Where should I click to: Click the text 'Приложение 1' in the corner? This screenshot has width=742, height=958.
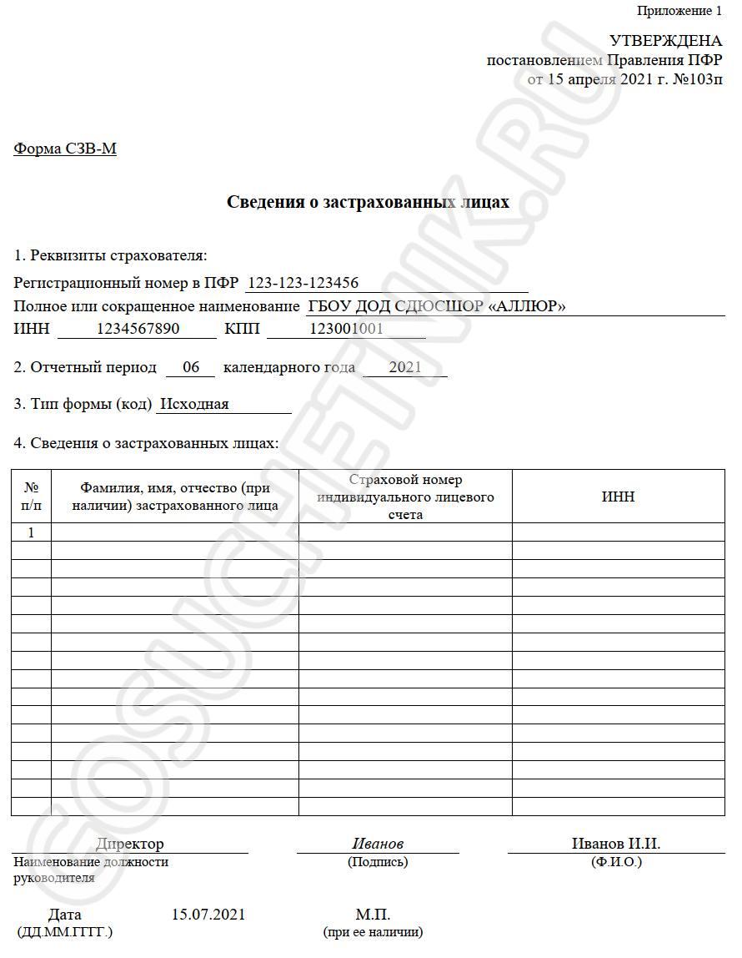click(679, 11)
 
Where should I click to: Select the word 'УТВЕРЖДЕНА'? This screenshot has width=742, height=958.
click(666, 41)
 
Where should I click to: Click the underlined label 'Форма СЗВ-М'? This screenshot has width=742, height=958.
click(65, 149)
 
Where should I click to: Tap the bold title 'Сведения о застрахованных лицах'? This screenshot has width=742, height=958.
click(368, 202)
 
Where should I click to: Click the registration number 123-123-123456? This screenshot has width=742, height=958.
click(303, 283)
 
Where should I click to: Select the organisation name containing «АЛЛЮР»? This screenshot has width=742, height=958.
click(436, 306)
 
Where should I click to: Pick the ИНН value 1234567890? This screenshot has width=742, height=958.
click(138, 329)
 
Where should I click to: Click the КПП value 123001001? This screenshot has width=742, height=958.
click(346, 329)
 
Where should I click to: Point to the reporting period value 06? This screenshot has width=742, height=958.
click(191, 367)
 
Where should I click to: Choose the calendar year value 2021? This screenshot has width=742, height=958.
click(405, 367)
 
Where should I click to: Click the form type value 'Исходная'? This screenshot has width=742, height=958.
click(194, 405)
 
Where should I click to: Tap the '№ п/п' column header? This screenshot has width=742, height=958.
click(32, 496)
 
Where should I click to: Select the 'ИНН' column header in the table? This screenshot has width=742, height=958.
click(618, 497)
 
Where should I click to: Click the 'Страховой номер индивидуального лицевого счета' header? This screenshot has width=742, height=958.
click(405, 497)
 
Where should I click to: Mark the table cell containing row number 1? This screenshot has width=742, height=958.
click(32, 532)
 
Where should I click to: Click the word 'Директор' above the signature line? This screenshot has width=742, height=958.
click(130, 844)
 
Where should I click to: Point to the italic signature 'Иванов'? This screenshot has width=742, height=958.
click(378, 844)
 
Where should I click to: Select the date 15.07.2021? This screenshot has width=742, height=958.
click(208, 915)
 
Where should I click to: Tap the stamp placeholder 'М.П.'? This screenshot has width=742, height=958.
click(373, 915)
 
